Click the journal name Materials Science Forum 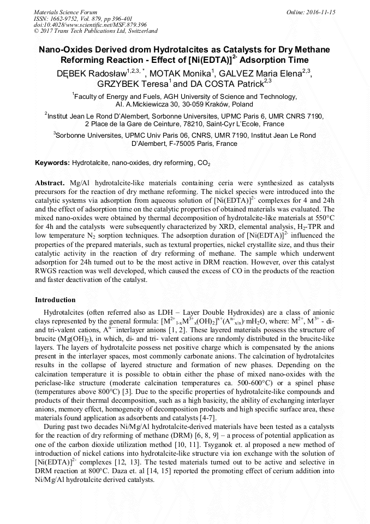pyautogui.click(x=65, y=11)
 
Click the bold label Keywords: pyautogui.click(x=52, y=163)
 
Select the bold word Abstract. pyautogui.click(x=50, y=182)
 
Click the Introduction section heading pyautogui.click(x=55, y=300)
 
